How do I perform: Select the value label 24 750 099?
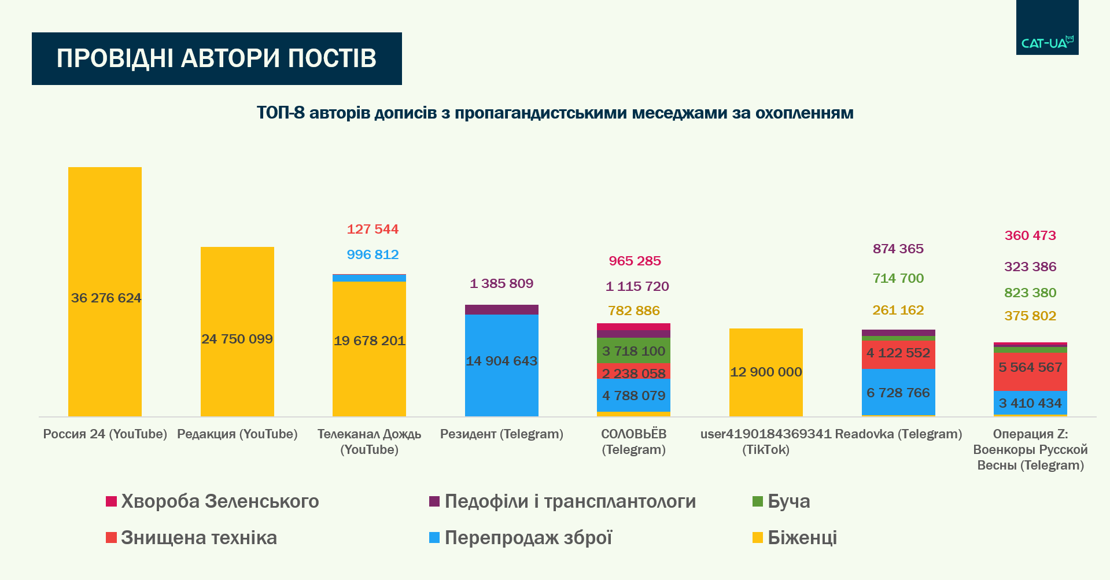click(237, 339)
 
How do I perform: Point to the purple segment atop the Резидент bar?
click(501, 309)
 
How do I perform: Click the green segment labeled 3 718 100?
click(633, 350)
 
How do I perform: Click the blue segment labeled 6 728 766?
click(898, 392)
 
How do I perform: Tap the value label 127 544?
click(373, 229)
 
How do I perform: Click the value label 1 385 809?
click(501, 283)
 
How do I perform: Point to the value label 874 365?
click(898, 249)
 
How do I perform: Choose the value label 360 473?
click(1030, 235)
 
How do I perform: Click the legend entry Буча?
click(788, 501)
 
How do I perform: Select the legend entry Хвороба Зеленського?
click(220, 501)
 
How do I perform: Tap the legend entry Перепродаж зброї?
click(528, 538)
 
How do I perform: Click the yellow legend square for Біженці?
click(758, 538)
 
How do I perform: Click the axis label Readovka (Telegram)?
click(898, 434)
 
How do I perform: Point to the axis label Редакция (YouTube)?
click(237, 434)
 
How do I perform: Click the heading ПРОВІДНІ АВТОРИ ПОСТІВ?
click(217, 58)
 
